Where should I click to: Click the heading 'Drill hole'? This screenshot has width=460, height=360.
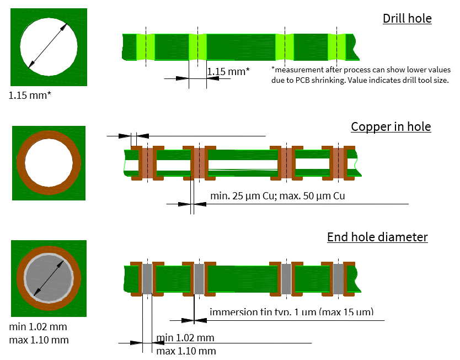pos(407,18)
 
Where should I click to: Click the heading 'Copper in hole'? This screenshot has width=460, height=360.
pos(391,126)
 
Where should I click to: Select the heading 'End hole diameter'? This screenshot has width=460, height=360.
pos(377,237)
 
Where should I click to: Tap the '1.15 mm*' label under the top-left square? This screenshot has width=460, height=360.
pos(30,95)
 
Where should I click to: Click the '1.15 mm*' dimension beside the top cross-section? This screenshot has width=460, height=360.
pos(228,71)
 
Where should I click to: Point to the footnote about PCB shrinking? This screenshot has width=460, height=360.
pos(361,75)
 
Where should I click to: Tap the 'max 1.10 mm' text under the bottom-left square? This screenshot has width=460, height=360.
pos(39,340)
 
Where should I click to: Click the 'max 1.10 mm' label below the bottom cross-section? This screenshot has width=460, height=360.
pos(186,351)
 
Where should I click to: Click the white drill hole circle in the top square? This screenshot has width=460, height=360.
pos(49,46)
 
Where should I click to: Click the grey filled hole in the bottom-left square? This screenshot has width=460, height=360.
pos(49,278)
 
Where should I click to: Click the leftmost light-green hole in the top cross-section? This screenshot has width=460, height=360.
pos(146,46)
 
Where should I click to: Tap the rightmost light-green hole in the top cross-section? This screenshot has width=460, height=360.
pos(336,46)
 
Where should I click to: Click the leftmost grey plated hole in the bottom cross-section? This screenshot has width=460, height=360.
pos(147,278)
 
